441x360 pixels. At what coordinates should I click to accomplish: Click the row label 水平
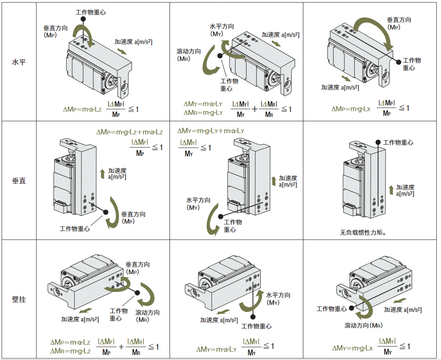click(19, 63)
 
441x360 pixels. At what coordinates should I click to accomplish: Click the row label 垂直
click(19, 181)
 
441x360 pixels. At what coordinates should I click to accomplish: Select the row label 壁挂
click(19, 299)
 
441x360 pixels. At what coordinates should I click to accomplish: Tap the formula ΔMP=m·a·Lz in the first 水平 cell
click(82, 109)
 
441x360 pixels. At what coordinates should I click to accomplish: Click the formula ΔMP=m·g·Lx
click(350, 109)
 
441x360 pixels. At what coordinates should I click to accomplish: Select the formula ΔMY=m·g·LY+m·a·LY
click(211, 131)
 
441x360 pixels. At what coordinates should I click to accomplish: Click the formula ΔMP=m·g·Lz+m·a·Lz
click(129, 132)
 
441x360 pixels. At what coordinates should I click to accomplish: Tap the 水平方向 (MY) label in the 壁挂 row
click(278, 299)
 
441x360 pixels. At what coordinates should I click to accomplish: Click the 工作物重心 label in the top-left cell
click(90, 12)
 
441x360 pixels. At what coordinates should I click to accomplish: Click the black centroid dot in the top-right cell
click(398, 61)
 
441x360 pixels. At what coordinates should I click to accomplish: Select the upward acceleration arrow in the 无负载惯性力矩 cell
click(391, 190)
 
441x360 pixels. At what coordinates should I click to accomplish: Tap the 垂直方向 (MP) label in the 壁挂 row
click(137, 268)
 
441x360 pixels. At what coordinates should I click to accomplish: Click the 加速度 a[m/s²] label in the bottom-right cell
click(402, 309)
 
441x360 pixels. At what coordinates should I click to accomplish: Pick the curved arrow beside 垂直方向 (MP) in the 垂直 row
click(112, 212)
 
